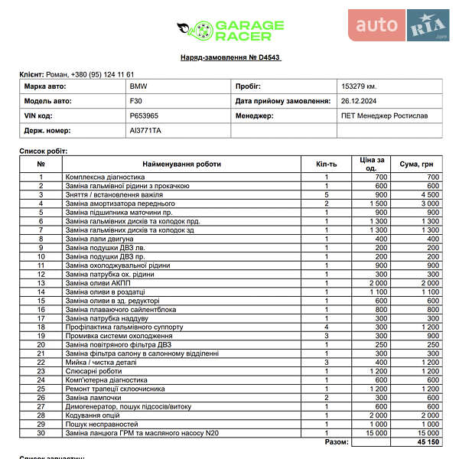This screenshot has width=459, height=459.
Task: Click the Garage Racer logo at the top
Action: coord(229,31)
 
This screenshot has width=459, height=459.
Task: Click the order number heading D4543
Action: coord(229,57)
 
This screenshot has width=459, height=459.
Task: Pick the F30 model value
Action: coord(135,101)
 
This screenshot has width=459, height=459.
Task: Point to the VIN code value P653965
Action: coord(143,116)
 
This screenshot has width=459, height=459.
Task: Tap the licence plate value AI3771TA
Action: coord(145,131)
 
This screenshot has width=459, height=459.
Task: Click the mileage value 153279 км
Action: coord(359,86)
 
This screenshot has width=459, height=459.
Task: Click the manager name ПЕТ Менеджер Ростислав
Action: coord(384,116)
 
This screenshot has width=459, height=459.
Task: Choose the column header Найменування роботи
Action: coord(181,164)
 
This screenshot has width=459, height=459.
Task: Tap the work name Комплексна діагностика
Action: coord(105,177)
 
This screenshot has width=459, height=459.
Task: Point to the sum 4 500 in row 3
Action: coord(428,194)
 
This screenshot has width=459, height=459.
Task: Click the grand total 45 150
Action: coord(427,442)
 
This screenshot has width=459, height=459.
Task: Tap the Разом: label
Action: coord(337,442)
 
